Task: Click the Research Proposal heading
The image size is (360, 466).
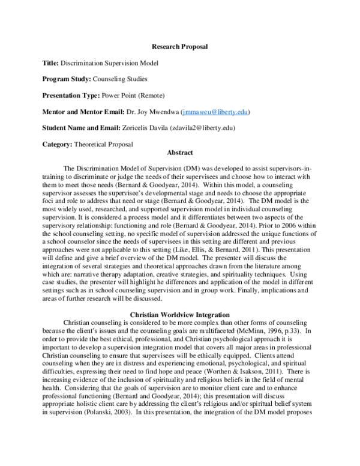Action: [x=179, y=47]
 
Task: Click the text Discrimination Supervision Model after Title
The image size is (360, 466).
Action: [x=111, y=63]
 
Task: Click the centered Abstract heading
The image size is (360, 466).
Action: [x=179, y=153]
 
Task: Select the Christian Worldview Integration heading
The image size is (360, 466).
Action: [x=179, y=314]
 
